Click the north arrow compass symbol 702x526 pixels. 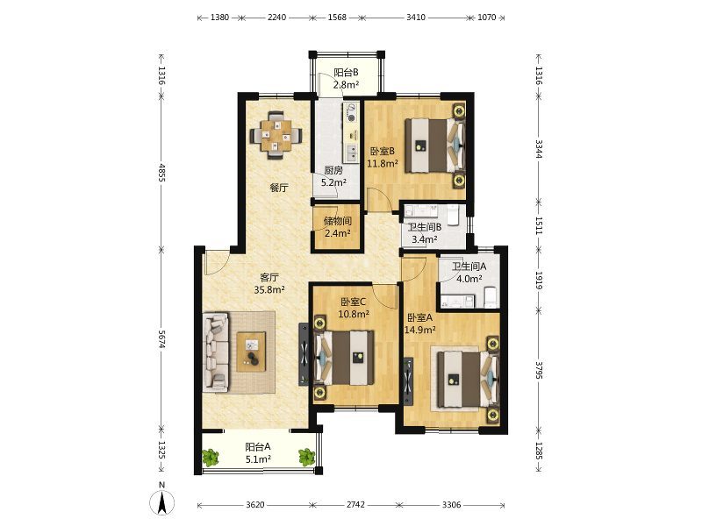click(161, 501)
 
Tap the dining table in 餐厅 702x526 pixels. click(276, 135)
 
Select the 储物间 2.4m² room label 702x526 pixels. click(337, 227)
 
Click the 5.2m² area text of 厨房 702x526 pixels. click(333, 182)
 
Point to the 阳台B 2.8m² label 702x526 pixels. click(346, 78)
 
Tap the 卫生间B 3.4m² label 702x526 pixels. click(424, 233)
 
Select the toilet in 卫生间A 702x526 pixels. click(491, 297)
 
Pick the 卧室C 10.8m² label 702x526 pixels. click(354, 308)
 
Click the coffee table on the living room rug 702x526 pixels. click(251, 352)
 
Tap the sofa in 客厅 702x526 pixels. click(215, 352)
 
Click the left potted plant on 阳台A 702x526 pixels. click(210, 458)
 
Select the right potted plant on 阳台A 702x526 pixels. click(306, 457)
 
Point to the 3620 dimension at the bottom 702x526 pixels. click(254, 505)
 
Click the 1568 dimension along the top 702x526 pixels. click(337, 18)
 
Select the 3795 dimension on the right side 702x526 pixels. click(539, 370)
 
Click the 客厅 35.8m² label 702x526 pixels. click(269, 283)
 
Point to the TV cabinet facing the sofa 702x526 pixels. click(304, 354)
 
